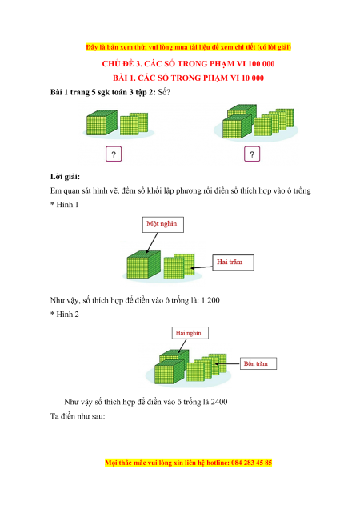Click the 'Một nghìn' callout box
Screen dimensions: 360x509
[x=163, y=225]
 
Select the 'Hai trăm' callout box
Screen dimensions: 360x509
[x=233, y=263]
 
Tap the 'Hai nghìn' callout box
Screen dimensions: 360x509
[x=190, y=333]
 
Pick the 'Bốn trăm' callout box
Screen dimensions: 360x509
[x=258, y=363]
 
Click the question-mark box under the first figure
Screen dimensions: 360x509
[x=114, y=154]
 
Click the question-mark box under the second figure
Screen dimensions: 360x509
[x=252, y=154]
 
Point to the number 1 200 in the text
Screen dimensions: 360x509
[x=210, y=300]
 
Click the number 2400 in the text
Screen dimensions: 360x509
[x=219, y=402]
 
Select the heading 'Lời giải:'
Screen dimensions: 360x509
[x=65, y=177]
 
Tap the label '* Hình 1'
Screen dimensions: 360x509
[x=64, y=205]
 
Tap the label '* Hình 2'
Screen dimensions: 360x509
[x=64, y=315]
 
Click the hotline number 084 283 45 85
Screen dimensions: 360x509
[x=251, y=463]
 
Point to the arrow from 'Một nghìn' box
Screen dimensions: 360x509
[x=152, y=242]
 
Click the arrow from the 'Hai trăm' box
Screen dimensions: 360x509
[x=202, y=267]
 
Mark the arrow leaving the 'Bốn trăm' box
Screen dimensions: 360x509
[x=227, y=363]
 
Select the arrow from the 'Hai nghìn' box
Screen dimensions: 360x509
[x=182, y=347]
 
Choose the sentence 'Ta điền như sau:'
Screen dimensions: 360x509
[x=78, y=416]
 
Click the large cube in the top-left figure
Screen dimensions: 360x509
[x=102, y=122]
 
